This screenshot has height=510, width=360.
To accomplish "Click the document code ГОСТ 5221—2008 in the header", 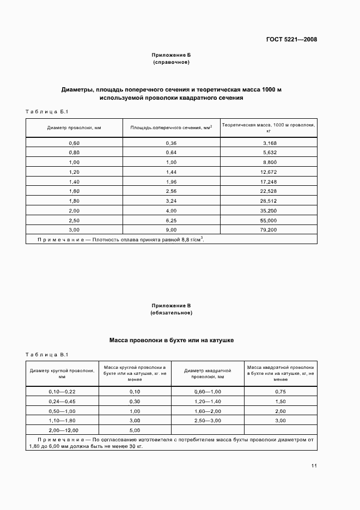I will (x=291, y=39).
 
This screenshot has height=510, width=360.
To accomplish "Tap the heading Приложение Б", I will (x=171, y=55).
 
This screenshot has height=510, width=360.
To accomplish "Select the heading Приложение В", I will (x=171, y=306).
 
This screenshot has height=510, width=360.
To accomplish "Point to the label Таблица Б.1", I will (x=46, y=112).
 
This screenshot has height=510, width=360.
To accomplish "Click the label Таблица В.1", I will (x=46, y=354).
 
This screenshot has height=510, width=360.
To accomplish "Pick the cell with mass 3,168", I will (x=269, y=143).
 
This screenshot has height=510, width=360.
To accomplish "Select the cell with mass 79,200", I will (x=269, y=229).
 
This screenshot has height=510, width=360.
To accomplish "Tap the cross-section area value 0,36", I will (x=171, y=143).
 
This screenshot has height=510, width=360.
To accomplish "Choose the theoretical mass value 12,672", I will (x=269, y=172).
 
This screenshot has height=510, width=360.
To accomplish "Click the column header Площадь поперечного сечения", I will (x=171, y=128).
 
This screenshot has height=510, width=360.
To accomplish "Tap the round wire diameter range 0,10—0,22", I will (x=62, y=392).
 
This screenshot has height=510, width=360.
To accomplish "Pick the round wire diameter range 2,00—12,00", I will (x=62, y=430).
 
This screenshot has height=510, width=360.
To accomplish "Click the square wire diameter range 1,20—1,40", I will (x=208, y=401).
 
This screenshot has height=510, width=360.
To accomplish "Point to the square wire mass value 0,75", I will (x=280, y=392).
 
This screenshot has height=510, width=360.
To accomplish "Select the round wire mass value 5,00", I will (x=135, y=430).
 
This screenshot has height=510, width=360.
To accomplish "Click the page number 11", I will (x=314, y=466).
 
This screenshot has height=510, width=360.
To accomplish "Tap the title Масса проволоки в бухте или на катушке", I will (x=171, y=339).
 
